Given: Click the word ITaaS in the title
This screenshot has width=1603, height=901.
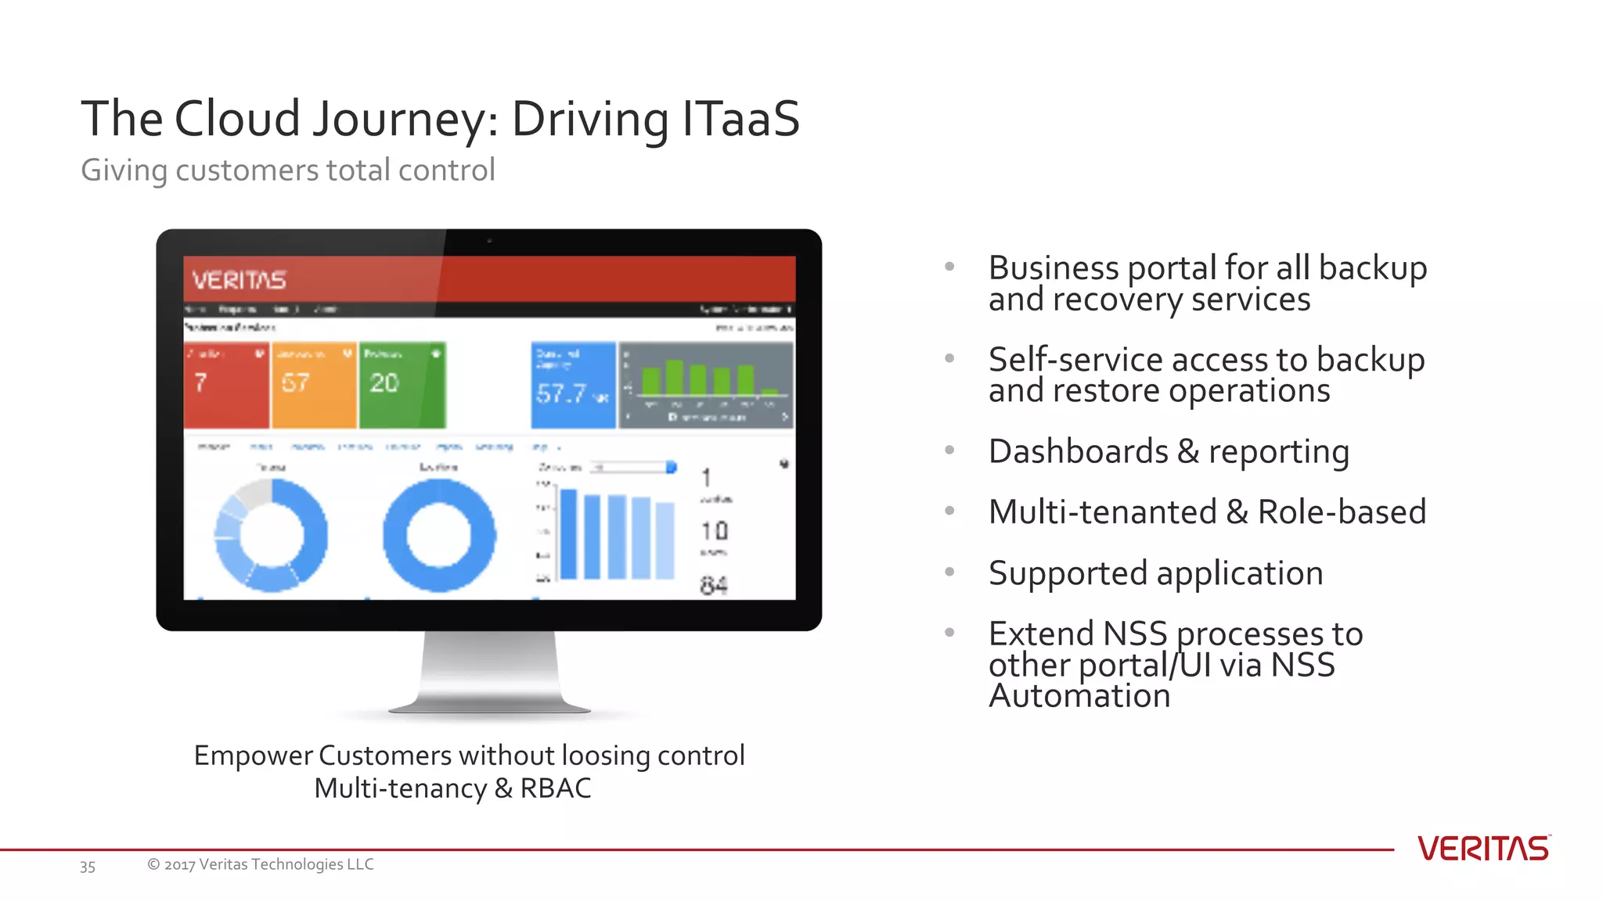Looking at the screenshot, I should pos(740,119).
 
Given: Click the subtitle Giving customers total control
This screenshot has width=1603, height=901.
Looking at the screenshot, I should pos(288,171).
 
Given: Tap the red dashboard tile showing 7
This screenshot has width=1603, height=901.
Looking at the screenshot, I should pos(226,385).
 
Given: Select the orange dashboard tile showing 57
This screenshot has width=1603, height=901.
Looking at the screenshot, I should pos(314,385).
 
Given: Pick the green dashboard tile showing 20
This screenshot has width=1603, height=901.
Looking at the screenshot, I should pos(402,385).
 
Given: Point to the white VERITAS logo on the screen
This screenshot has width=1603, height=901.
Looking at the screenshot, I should pos(239,280).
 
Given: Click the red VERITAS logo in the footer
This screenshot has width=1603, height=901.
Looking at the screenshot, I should pos(1482,849).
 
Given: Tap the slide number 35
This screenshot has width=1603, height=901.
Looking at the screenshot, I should pos(88,867).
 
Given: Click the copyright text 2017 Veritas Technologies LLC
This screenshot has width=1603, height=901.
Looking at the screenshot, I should pos(260,864).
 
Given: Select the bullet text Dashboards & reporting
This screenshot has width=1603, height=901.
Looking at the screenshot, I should pos(1169,452).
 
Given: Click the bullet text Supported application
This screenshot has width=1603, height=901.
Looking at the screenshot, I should pos(1155,573).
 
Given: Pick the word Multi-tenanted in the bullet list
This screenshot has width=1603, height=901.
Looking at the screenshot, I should pos(1102,512).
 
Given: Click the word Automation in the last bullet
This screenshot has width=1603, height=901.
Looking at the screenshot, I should pos(1079,696).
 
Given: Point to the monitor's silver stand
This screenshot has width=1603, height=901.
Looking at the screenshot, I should pos(490,673).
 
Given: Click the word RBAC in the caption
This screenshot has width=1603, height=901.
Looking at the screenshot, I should pos(556,788).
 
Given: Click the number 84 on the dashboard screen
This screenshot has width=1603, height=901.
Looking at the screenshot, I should pos(713,585).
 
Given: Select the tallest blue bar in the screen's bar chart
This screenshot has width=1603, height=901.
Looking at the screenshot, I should pos(568,534).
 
